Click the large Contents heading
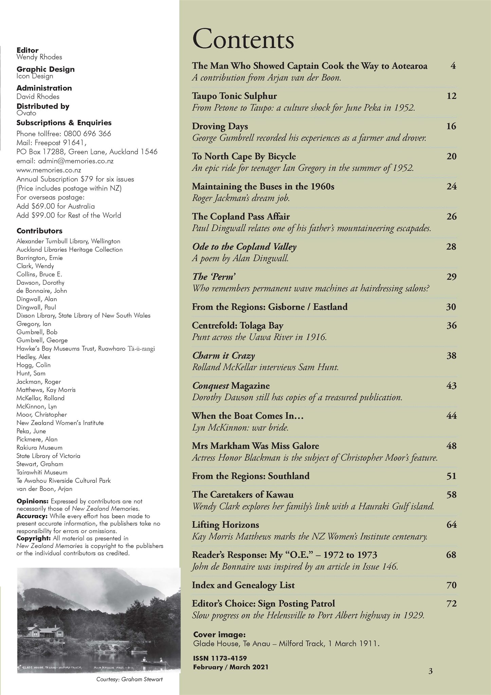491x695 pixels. coord(243,40)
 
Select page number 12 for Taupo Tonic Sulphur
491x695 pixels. coord(451,96)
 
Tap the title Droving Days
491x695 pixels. coord(220,126)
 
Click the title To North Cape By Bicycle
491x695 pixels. coord(243,156)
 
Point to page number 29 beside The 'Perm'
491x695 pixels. coord(451,277)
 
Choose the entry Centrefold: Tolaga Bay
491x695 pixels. coord(237,325)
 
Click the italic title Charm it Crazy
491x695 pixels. coord(223,356)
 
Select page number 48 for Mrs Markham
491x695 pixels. coord(451,446)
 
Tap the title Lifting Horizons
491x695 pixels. coord(225,525)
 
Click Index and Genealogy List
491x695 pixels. coord(243,585)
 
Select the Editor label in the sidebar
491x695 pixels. coord(28,50)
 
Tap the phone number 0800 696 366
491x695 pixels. coord(87,134)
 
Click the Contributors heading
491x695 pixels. coord(39,231)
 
